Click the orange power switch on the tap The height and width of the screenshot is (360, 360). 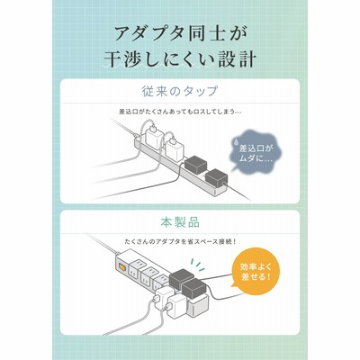click(122, 266)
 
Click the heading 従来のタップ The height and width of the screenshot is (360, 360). click(179, 91)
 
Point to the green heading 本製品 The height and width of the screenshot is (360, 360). click(180, 222)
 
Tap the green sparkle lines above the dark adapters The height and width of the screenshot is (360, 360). click(198, 263)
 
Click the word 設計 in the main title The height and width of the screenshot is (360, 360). click(236, 59)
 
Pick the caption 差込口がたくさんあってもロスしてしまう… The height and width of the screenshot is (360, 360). click(180, 112)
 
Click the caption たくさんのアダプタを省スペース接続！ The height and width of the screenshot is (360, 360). click(180, 241)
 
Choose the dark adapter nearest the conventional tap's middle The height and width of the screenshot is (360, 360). click(195, 165)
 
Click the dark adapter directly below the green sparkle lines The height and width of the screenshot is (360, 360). click(182, 278)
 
